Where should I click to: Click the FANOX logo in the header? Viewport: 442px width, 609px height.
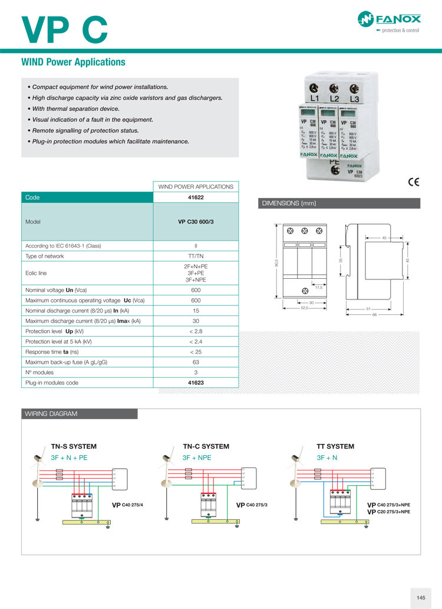pyautogui.click(x=389, y=22)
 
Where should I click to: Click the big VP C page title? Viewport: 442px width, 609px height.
pyautogui.click(x=64, y=29)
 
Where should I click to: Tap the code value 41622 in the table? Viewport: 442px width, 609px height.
pyautogui.click(x=196, y=197)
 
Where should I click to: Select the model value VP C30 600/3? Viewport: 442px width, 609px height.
pyautogui.click(x=196, y=222)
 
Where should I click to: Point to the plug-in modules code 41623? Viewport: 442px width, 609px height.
pyautogui.click(x=196, y=383)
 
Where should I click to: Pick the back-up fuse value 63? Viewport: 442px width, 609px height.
pyautogui.click(x=196, y=362)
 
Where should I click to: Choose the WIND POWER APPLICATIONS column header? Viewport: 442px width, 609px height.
pyautogui.click(x=196, y=187)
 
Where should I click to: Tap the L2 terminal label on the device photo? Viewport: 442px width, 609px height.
pyautogui.click(x=334, y=98)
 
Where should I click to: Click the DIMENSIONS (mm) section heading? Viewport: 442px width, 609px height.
pyautogui.click(x=289, y=203)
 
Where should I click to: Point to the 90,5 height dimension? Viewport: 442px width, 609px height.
pyautogui.click(x=277, y=262)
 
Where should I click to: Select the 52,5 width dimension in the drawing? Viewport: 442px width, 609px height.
pyautogui.click(x=304, y=308)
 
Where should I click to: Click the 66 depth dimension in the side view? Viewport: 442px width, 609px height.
pyautogui.click(x=374, y=314)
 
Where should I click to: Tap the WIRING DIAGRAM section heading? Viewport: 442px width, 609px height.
pyautogui.click(x=51, y=414)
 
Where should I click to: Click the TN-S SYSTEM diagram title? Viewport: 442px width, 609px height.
pyautogui.click(x=74, y=446)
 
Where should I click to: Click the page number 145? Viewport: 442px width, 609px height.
pyautogui.click(x=421, y=598)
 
